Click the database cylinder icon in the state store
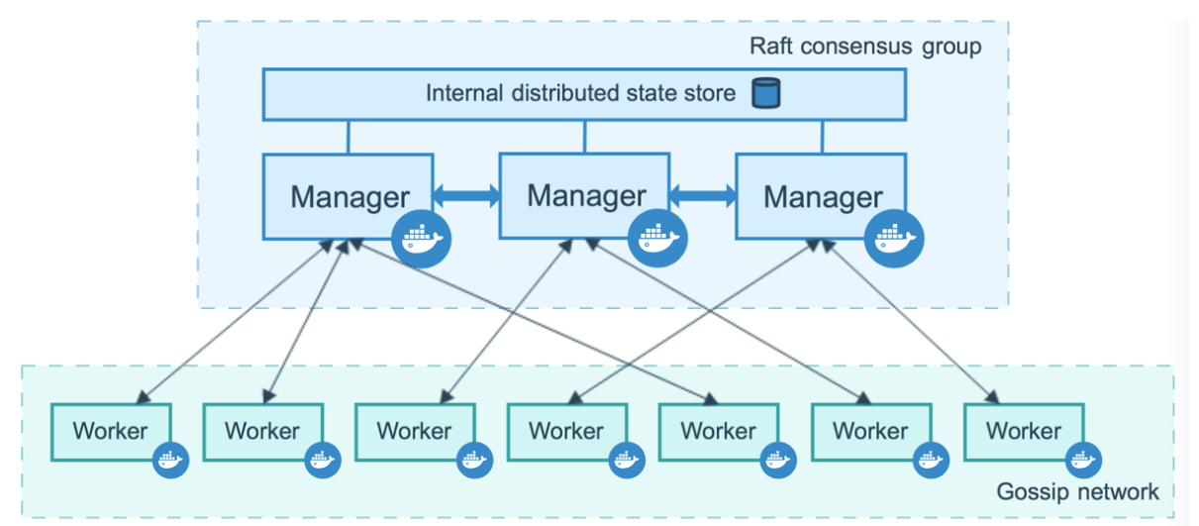[766, 93]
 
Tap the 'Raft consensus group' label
[865, 47]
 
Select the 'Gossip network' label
[1077, 491]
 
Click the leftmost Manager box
[348, 196]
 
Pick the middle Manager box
[584, 195]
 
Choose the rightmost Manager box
[821, 196]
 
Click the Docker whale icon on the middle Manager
[657, 238]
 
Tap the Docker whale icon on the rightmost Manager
[894, 239]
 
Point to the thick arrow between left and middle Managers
[466, 195]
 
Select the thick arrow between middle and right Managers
[703, 195]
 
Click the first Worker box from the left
[111, 432]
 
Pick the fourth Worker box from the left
[567, 432]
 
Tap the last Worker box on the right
[1024, 432]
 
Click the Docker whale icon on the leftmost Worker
[170, 460]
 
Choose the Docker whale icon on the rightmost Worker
[1083, 460]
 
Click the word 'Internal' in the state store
[464, 93]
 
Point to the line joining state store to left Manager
[349, 137]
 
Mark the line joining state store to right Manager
[822, 137]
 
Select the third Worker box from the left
[416, 432]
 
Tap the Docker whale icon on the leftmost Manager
[421, 239]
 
